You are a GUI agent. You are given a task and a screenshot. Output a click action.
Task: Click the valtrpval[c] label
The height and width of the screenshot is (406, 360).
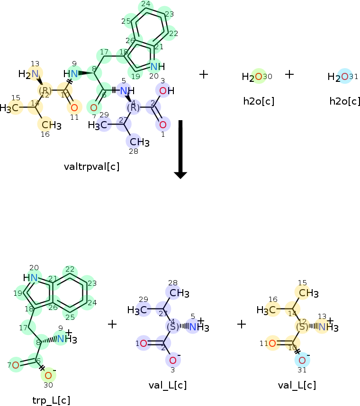(91, 166)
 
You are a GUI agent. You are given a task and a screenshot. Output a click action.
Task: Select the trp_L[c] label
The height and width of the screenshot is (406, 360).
(52, 400)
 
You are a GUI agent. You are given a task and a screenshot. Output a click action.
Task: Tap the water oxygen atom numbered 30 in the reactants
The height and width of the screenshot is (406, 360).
(258, 77)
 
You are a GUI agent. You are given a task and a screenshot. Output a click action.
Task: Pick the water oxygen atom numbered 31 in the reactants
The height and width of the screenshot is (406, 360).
(344, 77)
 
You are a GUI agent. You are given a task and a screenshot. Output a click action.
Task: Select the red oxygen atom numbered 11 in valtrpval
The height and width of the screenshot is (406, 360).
(74, 107)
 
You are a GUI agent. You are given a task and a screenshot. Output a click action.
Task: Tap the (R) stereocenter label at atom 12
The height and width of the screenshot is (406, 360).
(45, 90)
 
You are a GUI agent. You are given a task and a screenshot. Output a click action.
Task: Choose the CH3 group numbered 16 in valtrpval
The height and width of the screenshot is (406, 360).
(50, 125)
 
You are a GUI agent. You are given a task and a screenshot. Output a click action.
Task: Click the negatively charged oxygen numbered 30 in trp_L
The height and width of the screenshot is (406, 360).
(48, 376)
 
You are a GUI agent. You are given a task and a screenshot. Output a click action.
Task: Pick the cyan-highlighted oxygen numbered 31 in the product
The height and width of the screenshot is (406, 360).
(302, 361)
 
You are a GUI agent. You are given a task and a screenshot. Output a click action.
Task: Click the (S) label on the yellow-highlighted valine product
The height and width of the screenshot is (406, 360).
(302, 327)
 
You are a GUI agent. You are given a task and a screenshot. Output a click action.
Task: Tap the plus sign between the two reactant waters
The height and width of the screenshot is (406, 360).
(289, 74)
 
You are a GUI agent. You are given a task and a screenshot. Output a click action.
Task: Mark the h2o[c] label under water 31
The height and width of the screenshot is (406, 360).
(344, 101)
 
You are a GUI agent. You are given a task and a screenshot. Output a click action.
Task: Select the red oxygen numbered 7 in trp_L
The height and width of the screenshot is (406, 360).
(16, 365)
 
